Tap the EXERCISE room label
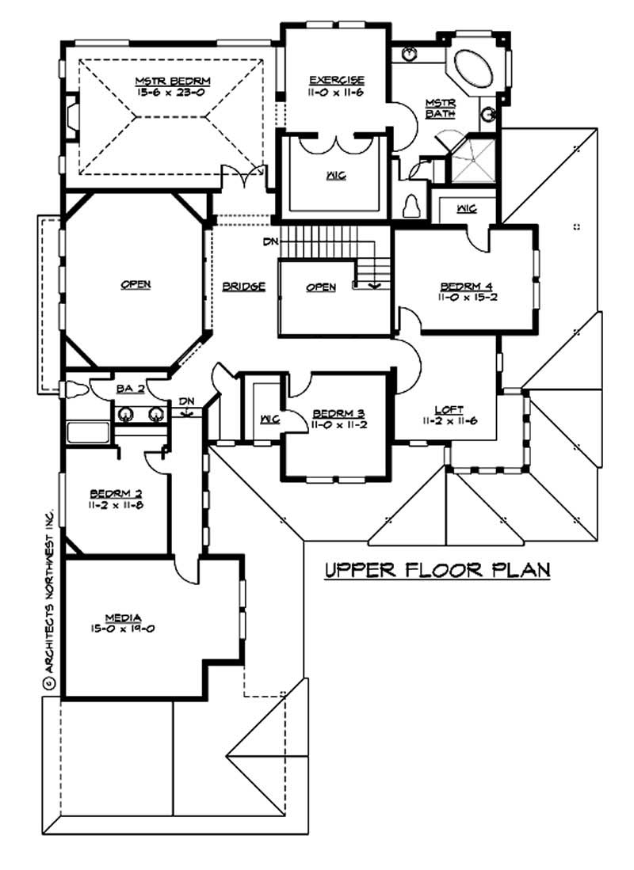click(x=337, y=80)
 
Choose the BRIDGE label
click(x=243, y=287)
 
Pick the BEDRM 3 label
click(x=337, y=413)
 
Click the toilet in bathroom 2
click(x=75, y=389)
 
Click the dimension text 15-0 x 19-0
click(x=124, y=629)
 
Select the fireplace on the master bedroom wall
click(x=71, y=115)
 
